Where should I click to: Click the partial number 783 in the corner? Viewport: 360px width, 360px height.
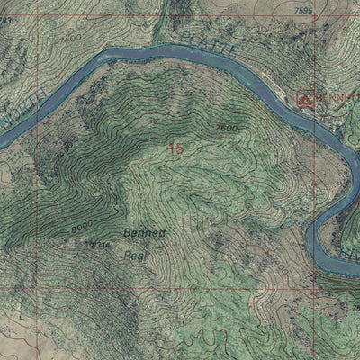point(5,19)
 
